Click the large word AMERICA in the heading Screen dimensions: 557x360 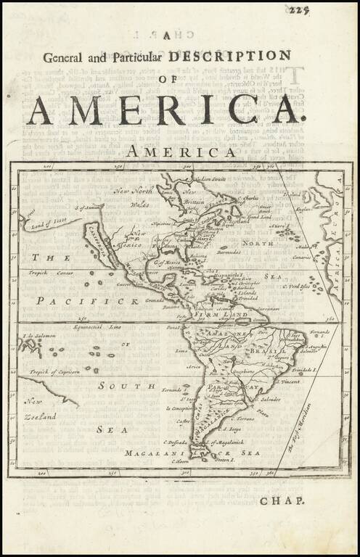[x=163, y=110]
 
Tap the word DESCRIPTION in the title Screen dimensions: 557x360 [x=230, y=56]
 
